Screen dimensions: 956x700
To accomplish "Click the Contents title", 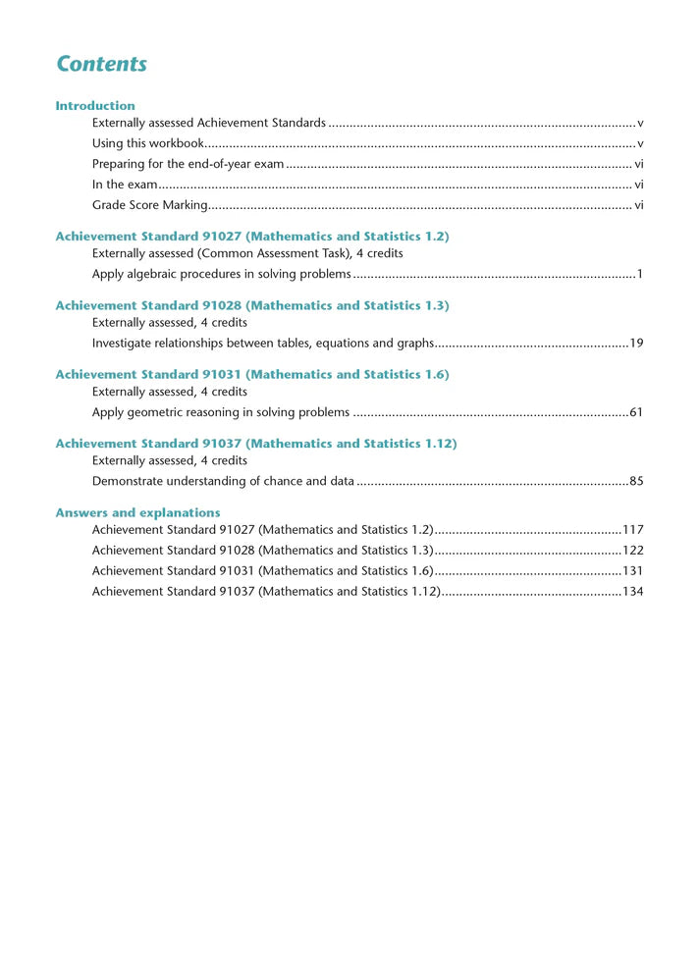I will pyautogui.click(x=101, y=64).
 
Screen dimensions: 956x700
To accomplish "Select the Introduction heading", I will pyautogui.click(x=95, y=105).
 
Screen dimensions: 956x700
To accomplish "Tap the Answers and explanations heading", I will pyautogui.click(x=137, y=512).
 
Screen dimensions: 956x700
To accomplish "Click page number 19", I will pyautogui.click(x=636, y=343).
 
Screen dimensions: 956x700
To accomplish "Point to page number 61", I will pyautogui.click(x=636, y=412).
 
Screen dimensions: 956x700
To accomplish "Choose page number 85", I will pyautogui.click(x=636, y=481).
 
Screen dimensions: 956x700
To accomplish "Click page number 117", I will pyautogui.click(x=632, y=530).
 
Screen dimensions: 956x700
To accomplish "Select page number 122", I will pyautogui.click(x=632, y=551).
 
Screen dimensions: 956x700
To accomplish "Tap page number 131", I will pyautogui.click(x=632, y=571).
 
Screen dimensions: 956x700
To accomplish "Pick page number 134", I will pyautogui.click(x=632, y=592).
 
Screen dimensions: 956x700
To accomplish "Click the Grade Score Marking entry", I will pyautogui.click(x=149, y=205).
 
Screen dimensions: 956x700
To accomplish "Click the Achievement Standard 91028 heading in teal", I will pyautogui.click(x=252, y=305).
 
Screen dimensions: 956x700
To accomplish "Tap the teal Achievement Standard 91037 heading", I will pyautogui.click(x=255, y=444).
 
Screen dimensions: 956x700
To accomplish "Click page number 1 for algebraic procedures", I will pyautogui.click(x=639, y=274).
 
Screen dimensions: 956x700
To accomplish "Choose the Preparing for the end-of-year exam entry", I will pyautogui.click(x=188, y=164).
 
